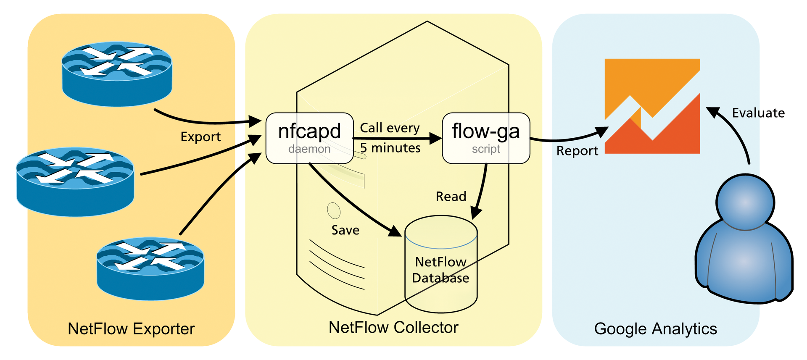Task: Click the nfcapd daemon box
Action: [309, 138]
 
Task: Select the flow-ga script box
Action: [486, 138]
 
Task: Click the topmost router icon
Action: [117, 74]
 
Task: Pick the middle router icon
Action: [75, 181]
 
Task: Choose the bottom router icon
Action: [150, 269]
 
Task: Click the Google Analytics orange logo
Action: [652, 106]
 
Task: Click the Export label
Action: [200, 137]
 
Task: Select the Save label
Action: [345, 230]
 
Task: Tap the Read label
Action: [451, 196]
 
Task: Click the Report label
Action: [577, 151]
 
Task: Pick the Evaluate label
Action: [758, 113]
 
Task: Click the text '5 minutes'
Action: [390, 148]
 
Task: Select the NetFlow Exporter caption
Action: [131, 328]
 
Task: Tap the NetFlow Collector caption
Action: [393, 327]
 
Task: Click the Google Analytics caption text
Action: [655, 328]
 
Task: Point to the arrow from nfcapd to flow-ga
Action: [395, 138]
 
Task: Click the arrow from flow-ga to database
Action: [482, 189]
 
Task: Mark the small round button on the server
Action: [334, 211]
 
